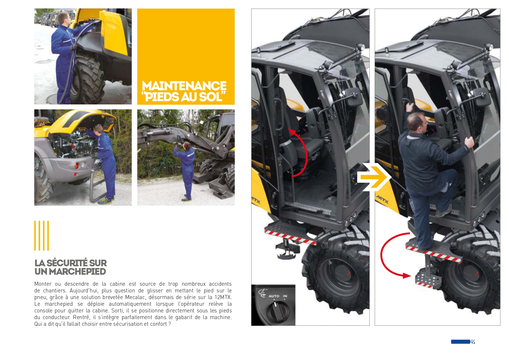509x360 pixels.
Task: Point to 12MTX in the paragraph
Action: (223, 297)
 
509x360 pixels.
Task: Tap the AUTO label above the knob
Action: (274, 296)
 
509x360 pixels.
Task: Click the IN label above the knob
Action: (285, 296)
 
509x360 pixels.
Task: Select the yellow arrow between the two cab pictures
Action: (374, 177)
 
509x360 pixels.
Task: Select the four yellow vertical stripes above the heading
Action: (41, 236)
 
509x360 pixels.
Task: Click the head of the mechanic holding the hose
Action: (63, 19)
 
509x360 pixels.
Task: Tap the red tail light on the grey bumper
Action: (77, 166)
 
